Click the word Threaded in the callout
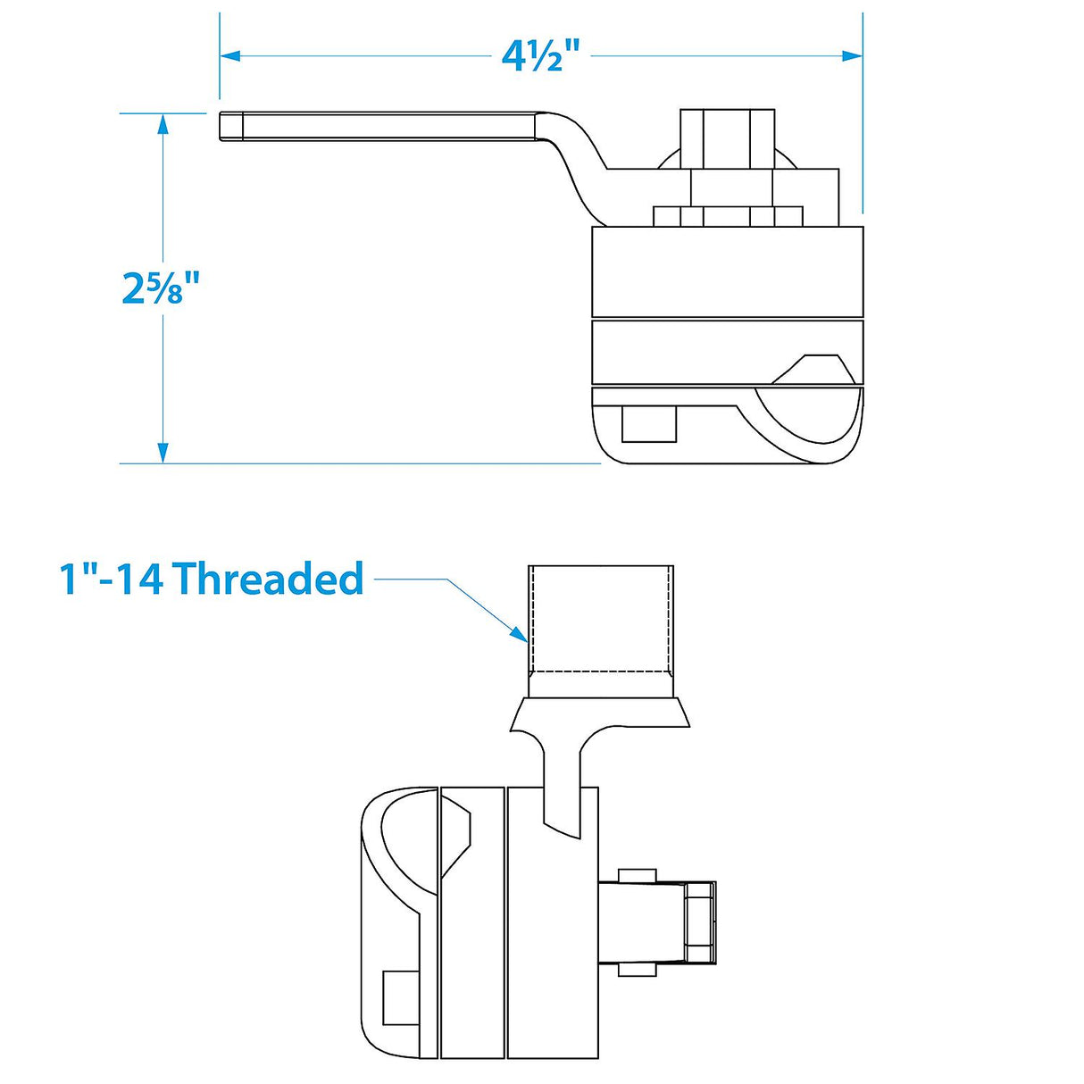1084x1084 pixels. [x=268, y=579]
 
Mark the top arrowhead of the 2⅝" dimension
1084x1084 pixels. [x=163, y=124]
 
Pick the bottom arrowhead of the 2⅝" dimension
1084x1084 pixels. [x=163, y=453]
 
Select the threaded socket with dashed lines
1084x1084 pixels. [x=600, y=618]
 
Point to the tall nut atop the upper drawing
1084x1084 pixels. [x=727, y=138]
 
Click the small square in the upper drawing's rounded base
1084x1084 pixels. [x=648, y=423]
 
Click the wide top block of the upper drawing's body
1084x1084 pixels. [x=727, y=271]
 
